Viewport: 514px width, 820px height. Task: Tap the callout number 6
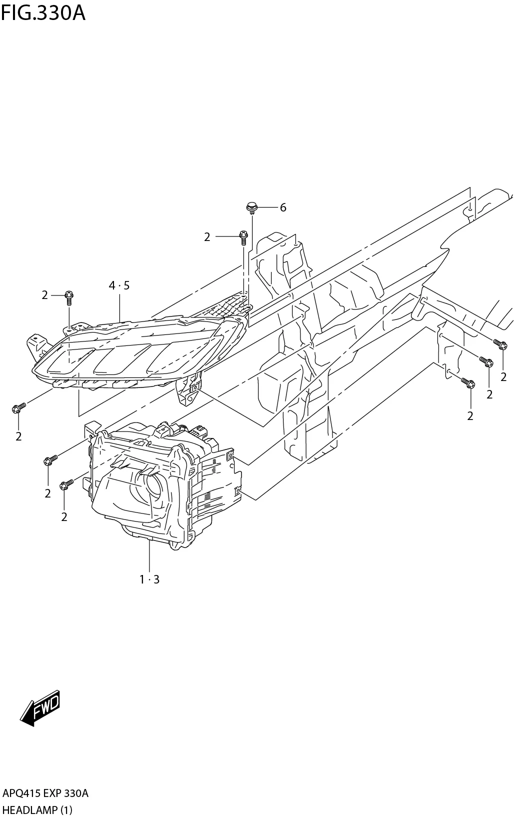(x=283, y=207)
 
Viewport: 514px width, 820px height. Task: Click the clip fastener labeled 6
(x=252, y=207)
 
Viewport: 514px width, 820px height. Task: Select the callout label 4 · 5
(x=119, y=285)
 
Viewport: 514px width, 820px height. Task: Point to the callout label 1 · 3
(x=149, y=579)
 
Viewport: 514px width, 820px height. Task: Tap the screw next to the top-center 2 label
(x=243, y=236)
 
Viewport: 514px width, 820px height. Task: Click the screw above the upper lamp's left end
(x=69, y=298)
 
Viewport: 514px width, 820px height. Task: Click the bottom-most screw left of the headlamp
(x=65, y=484)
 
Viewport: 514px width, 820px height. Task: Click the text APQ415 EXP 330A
(x=45, y=793)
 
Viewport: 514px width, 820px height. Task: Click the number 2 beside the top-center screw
(x=207, y=237)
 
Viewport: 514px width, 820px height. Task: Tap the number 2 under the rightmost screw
(x=503, y=377)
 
